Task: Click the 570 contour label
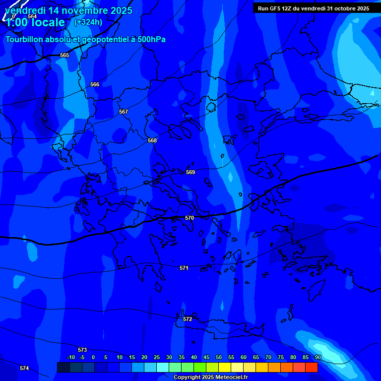click(189, 218)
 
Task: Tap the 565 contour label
click(64, 55)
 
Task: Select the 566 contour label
click(95, 84)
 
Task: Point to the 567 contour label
click(124, 112)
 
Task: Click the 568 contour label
click(152, 140)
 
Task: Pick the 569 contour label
click(190, 172)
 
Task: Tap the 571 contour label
click(184, 268)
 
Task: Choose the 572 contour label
click(188, 319)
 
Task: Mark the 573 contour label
click(82, 350)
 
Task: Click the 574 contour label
click(24, 368)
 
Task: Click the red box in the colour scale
click(312, 367)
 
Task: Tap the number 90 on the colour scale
click(317, 357)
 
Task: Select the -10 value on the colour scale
click(71, 357)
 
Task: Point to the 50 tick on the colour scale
click(218, 357)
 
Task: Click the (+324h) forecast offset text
click(88, 22)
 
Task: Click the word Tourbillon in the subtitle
click(25, 39)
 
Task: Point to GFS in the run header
click(275, 8)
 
